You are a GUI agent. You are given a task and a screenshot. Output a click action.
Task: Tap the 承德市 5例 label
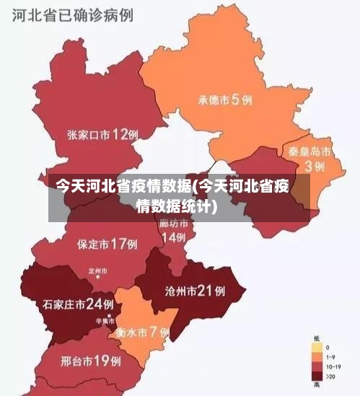[x=225, y=100]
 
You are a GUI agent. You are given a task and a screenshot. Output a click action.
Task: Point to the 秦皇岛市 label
[x=309, y=151]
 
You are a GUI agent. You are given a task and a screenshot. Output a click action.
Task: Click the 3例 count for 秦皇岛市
[x=314, y=167]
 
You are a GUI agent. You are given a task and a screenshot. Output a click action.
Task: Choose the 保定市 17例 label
[x=107, y=244]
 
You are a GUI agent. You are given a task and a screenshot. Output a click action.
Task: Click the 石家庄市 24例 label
[x=78, y=304]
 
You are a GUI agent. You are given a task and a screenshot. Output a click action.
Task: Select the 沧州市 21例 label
[x=195, y=291]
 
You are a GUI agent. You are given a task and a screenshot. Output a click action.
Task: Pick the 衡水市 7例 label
[x=141, y=333]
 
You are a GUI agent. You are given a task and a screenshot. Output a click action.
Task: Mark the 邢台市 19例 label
[x=90, y=359]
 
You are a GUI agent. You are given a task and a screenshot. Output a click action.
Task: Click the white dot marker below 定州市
[x=97, y=281]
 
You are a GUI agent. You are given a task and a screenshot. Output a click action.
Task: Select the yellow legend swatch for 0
[x=317, y=347]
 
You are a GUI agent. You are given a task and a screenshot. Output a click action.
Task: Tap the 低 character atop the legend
[x=317, y=338]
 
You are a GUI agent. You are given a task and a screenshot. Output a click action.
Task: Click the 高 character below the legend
[x=317, y=386]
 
